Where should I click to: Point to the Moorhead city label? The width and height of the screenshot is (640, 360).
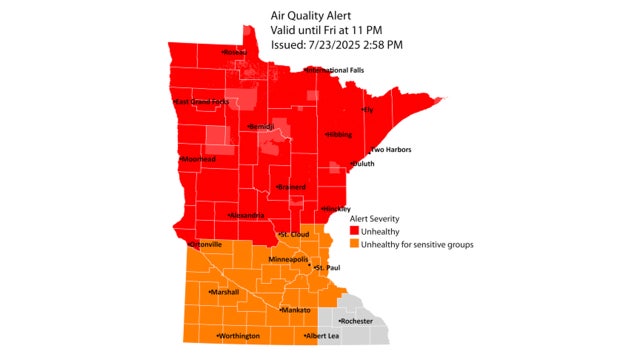[198, 159]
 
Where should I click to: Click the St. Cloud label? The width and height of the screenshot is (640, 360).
[294, 235]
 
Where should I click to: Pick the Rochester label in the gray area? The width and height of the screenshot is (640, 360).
[356, 321]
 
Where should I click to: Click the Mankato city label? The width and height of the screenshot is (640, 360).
[296, 311]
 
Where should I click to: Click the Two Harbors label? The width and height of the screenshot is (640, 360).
[390, 150]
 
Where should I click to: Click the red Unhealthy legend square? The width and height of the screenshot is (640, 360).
[353, 230]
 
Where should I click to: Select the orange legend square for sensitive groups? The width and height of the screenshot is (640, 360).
[353, 243]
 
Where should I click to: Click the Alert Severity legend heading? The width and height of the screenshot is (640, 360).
[378, 217]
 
